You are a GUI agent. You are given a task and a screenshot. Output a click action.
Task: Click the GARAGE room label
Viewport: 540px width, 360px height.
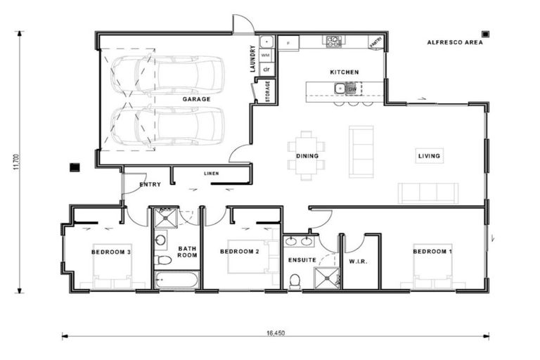196,100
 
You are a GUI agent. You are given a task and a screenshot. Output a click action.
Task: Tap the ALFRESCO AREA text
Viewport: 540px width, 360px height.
455,42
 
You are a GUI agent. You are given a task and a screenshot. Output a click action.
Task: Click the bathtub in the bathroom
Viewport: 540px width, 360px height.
177,281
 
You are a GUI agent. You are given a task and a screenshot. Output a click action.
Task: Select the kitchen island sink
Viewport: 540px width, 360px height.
340,89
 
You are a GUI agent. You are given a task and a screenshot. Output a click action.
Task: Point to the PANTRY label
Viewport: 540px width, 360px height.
376,42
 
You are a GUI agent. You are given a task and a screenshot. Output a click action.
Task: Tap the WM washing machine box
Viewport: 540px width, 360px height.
266,55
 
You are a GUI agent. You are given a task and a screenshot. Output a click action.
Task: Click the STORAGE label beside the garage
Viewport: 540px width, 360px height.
266,91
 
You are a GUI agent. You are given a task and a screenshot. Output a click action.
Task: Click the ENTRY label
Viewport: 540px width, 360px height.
150,185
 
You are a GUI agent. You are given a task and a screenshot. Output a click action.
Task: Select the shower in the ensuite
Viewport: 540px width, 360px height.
327,278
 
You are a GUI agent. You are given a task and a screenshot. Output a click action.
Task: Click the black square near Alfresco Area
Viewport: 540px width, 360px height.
485,33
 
